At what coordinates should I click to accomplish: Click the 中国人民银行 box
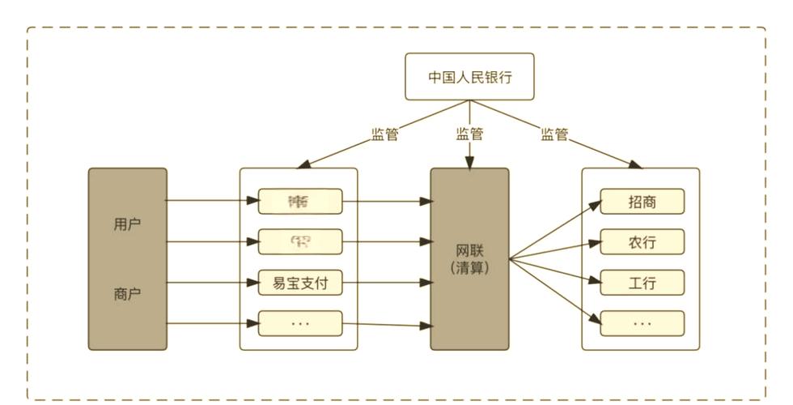pyautogui.click(x=469, y=77)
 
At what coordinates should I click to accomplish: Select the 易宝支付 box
pyautogui.click(x=300, y=283)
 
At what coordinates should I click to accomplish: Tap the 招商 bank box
pyautogui.click(x=642, y=202)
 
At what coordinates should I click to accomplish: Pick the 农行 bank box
pyautogui.click(x=642, y=242)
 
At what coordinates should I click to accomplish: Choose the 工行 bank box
pyautogui.click(x=642, y=283)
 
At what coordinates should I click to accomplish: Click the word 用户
pyautogui.click(x=127, y=224)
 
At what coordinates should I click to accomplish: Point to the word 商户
pyautogui.click(x=127, y=294)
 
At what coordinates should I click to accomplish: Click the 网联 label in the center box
pyautogui.click(x=469, y=249)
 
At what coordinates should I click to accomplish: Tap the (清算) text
pyautogui.click(x=469, y=268)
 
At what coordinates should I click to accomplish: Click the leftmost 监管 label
pyautogui.click(x=384, y=135)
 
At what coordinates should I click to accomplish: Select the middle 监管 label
pyautogui.click(x=469, y=135)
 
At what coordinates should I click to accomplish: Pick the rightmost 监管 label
pyautogui.click(x=554, y=135)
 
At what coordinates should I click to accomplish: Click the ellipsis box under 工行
pyautogui.click(x=642, y=323)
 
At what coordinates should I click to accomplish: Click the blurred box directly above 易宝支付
pyautogui.click(x=300, y=241)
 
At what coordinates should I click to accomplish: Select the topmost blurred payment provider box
pyautogui.click(x=300, y=201)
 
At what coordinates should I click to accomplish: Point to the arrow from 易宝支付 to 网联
pyautogui.click(x=385, y=283)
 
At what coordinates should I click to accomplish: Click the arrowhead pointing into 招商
pyautogui.click(x=595, y=205)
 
